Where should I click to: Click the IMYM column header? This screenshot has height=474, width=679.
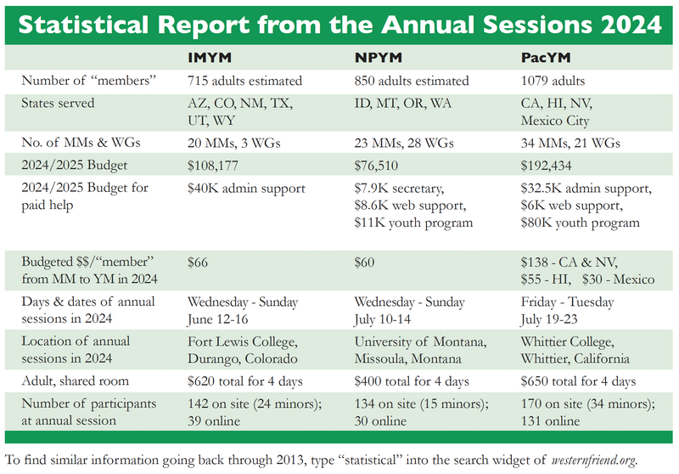point(210,59)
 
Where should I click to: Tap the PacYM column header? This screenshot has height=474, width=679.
point(547,59)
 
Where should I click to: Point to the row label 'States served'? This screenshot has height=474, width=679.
point(59,103)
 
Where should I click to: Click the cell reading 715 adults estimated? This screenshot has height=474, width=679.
point(244,82)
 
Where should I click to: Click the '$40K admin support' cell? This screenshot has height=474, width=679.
point(246,189)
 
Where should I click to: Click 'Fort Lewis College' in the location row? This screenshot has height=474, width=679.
point(244,341)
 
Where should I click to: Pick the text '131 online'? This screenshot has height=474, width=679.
point(552,420)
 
